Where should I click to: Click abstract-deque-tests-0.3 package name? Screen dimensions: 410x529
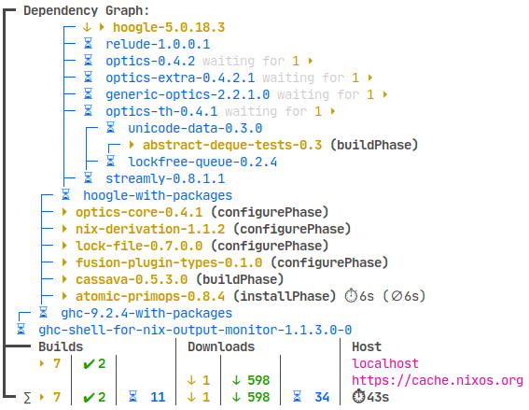point(232,145)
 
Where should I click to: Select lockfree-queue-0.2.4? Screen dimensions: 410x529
point(202,162)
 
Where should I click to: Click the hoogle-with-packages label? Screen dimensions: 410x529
point(158,195)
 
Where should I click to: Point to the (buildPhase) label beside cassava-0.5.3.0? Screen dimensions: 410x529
point(237,279)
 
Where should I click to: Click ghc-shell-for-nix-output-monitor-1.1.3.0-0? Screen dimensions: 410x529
point(195,330)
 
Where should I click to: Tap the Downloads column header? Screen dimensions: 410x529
point(220,346)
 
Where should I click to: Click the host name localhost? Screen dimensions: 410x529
point(385,363)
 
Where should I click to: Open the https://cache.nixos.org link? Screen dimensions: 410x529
point(438,380)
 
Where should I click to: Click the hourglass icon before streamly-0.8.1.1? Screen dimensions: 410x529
point(89,178)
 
